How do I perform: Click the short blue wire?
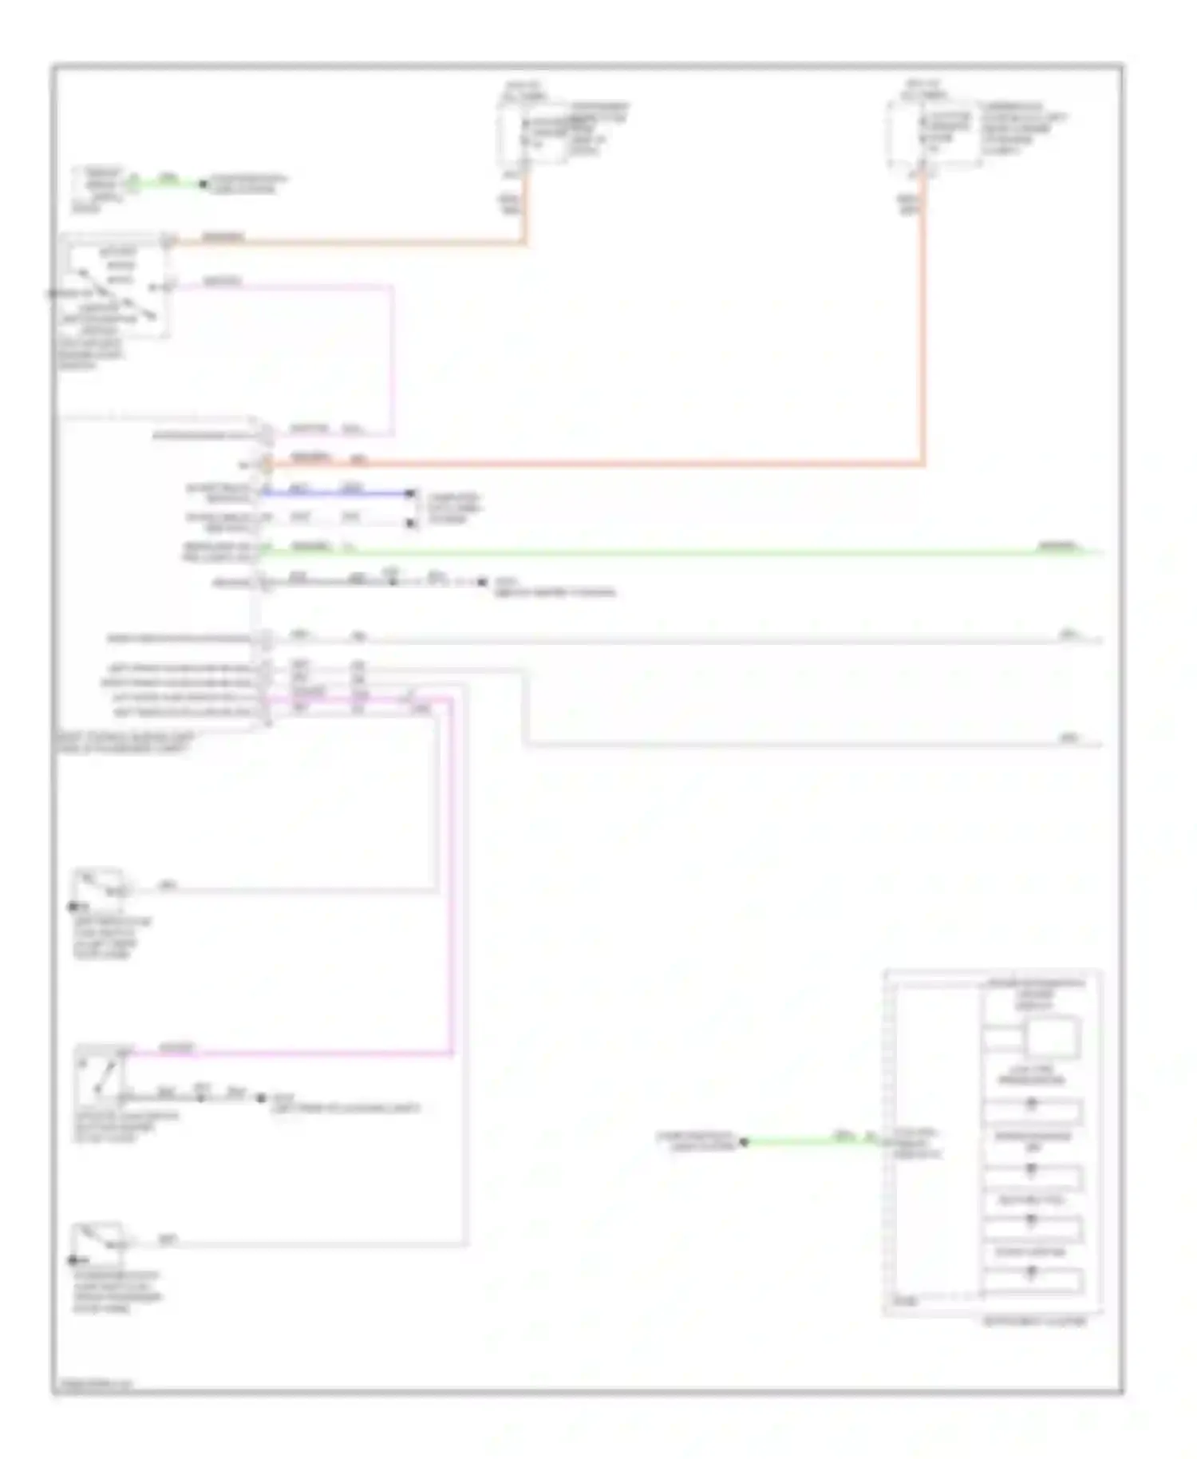pos(335,493)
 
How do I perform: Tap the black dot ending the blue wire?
pos(410,493)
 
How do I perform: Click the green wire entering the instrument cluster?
pos(806,1142)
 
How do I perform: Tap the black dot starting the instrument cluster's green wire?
pos(744,1142)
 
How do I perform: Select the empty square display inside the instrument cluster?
pos(1052,1037)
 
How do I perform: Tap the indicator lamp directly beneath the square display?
pos(1031,1106)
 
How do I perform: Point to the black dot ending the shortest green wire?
pos(203,184)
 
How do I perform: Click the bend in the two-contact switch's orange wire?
pos(525,242)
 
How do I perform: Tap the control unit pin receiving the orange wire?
pos(266,462)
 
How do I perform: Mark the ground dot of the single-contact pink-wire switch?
pos(261,1098)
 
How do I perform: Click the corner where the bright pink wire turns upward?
pos(452,1054)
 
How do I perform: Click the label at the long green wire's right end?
pos(1058,547)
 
